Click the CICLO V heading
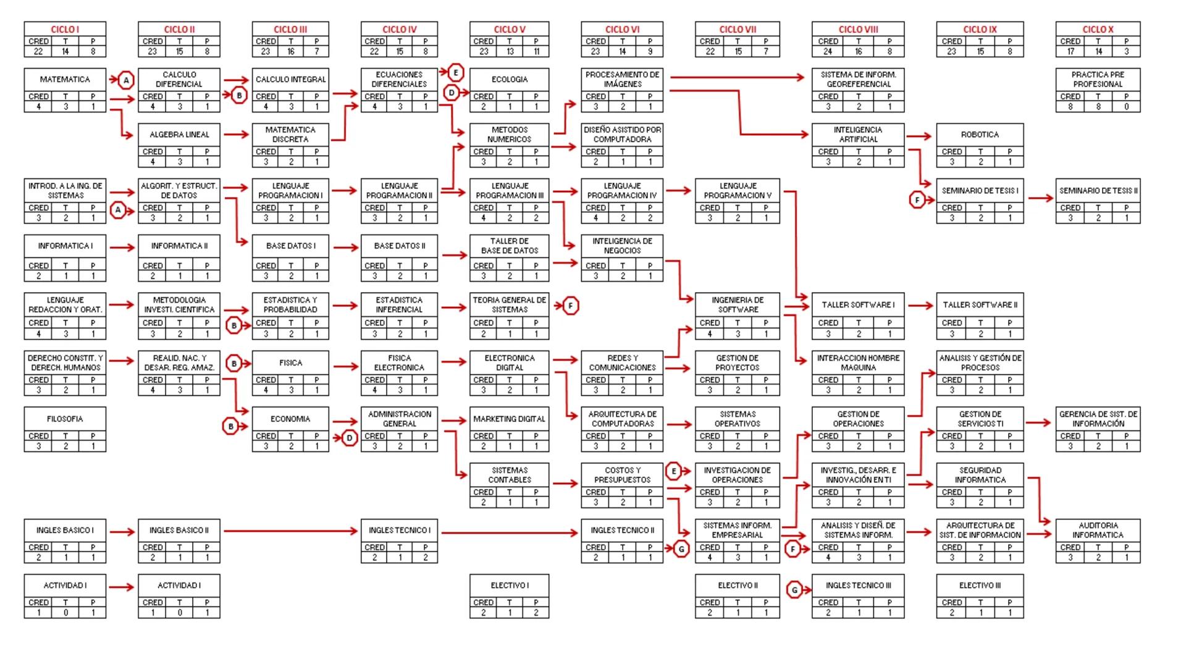point(509,29)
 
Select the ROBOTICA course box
point(980,145)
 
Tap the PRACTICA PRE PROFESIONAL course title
point(1098,79)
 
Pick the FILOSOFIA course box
point(65,429)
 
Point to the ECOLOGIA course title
point(509,80)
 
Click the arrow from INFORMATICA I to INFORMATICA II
point(122,248)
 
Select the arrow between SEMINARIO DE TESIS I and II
point(1040,198)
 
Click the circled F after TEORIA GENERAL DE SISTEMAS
point(571,306)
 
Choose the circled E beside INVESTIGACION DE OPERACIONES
point(673,472)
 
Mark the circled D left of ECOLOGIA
point(452,93)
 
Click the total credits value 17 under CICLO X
point(1070,52)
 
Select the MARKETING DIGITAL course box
point(509,429)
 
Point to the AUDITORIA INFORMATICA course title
point(1098,530)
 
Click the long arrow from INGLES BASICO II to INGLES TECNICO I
point(290,531)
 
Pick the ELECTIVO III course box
point(980,596)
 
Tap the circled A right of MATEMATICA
point(126,80)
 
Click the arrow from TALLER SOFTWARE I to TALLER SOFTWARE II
point(920,306)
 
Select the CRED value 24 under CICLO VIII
point(828,52)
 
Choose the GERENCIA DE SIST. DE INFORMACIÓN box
point(1098,429)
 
